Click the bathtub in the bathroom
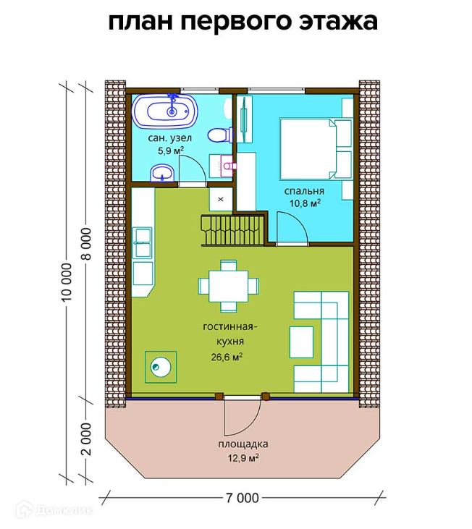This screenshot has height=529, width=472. coord(164,111)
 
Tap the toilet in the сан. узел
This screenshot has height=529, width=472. coord(220,135)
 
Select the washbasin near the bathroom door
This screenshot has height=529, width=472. coord(161,173)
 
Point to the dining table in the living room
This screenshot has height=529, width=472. coord(229,286)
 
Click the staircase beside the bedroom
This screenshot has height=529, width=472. coord(233,230)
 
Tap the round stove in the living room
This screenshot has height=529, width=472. coord(161,367)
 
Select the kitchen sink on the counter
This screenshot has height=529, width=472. coord(142,242)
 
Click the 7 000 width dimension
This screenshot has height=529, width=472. coord(243,498)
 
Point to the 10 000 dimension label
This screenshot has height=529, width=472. coord(67,281)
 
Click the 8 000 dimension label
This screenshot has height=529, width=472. coord(86,244)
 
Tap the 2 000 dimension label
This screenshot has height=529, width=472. coord(86,439)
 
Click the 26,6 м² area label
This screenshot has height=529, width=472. coord(227,357)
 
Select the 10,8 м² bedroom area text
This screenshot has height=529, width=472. coord(305,203)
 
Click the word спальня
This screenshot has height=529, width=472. coord(304,191)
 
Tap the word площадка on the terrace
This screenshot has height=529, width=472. coord(243,444)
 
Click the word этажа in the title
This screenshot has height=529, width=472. coord(338,22)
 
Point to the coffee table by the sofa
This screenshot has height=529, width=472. coord(301,342)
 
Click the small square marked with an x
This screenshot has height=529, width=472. coord(221,199)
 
